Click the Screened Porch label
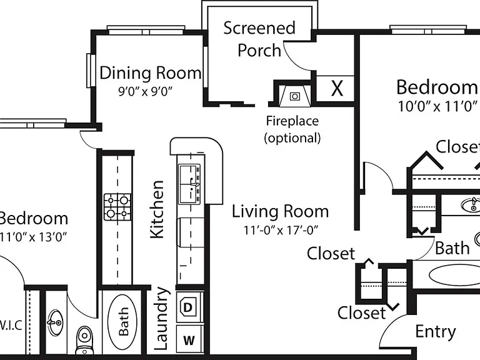click(259, 39)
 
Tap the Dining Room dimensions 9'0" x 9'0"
click(146, 91)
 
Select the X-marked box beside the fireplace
click(335, 89)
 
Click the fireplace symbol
click(294, 95)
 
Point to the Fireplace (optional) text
click(292, 129)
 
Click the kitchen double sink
click(189, 184)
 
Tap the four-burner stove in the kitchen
click(118, 207)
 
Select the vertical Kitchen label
click(157, 209)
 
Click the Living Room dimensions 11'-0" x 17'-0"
click(281, 230)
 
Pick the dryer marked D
click(189, 306)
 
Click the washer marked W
click(189, 340)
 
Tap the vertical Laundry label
click(161, 318)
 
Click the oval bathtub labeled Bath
click(122, 322)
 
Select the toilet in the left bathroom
click(84, 340)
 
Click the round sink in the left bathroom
click(55, 322)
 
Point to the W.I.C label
click(11, 326)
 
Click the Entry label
click(436, 332)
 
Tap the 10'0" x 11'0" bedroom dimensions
click(437, 106)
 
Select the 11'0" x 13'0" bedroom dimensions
click(33, 237)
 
